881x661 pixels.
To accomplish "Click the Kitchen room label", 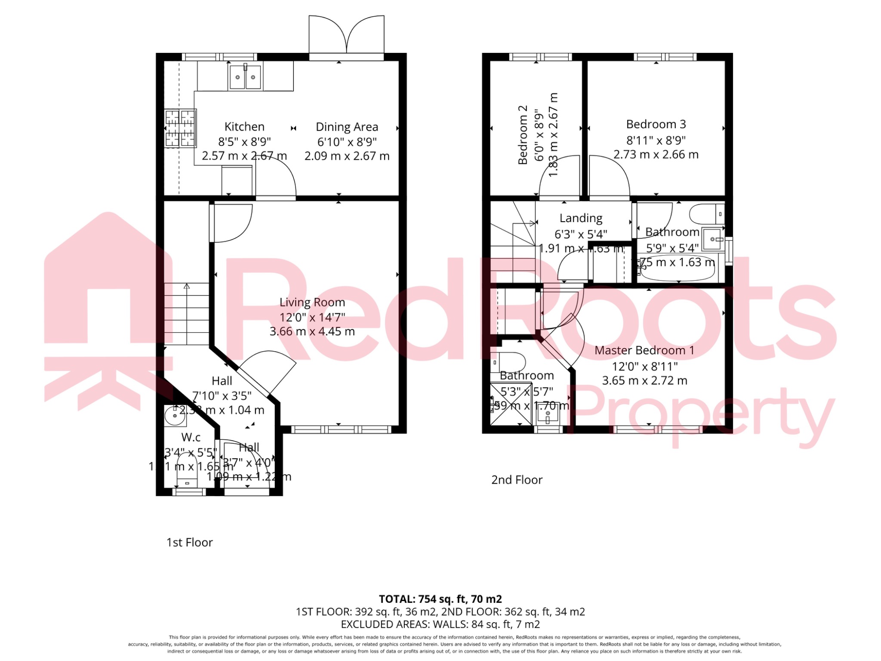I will click(x=244, y=127).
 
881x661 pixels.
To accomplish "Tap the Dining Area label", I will click(x=347, y=127).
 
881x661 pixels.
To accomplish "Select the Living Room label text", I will click(x=312, y=303).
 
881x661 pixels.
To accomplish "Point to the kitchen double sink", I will click(x=245, y=77).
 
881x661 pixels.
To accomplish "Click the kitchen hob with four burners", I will click(x=180, y=128).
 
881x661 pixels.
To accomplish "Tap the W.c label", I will click(x=191, y=438).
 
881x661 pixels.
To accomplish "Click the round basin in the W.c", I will click(x=174, y=416).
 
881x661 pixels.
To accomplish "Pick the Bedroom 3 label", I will click(x=656, y=124).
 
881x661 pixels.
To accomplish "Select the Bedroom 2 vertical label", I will click(x=523, y=135).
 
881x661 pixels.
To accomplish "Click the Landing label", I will click(x=581, y=218).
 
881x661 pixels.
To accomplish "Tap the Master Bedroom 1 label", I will click(x=644, y=350).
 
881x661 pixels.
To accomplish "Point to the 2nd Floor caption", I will click(x=517, y=480).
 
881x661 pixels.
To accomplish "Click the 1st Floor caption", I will click(x=190, y=543).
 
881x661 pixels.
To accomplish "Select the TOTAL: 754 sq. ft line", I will click(x=440, y=599).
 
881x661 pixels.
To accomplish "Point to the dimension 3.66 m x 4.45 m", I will click(x=312, y=332).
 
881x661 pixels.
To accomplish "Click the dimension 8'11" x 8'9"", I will click(x=656, y=140).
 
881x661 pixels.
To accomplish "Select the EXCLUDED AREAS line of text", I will click(x=440, y=624).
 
